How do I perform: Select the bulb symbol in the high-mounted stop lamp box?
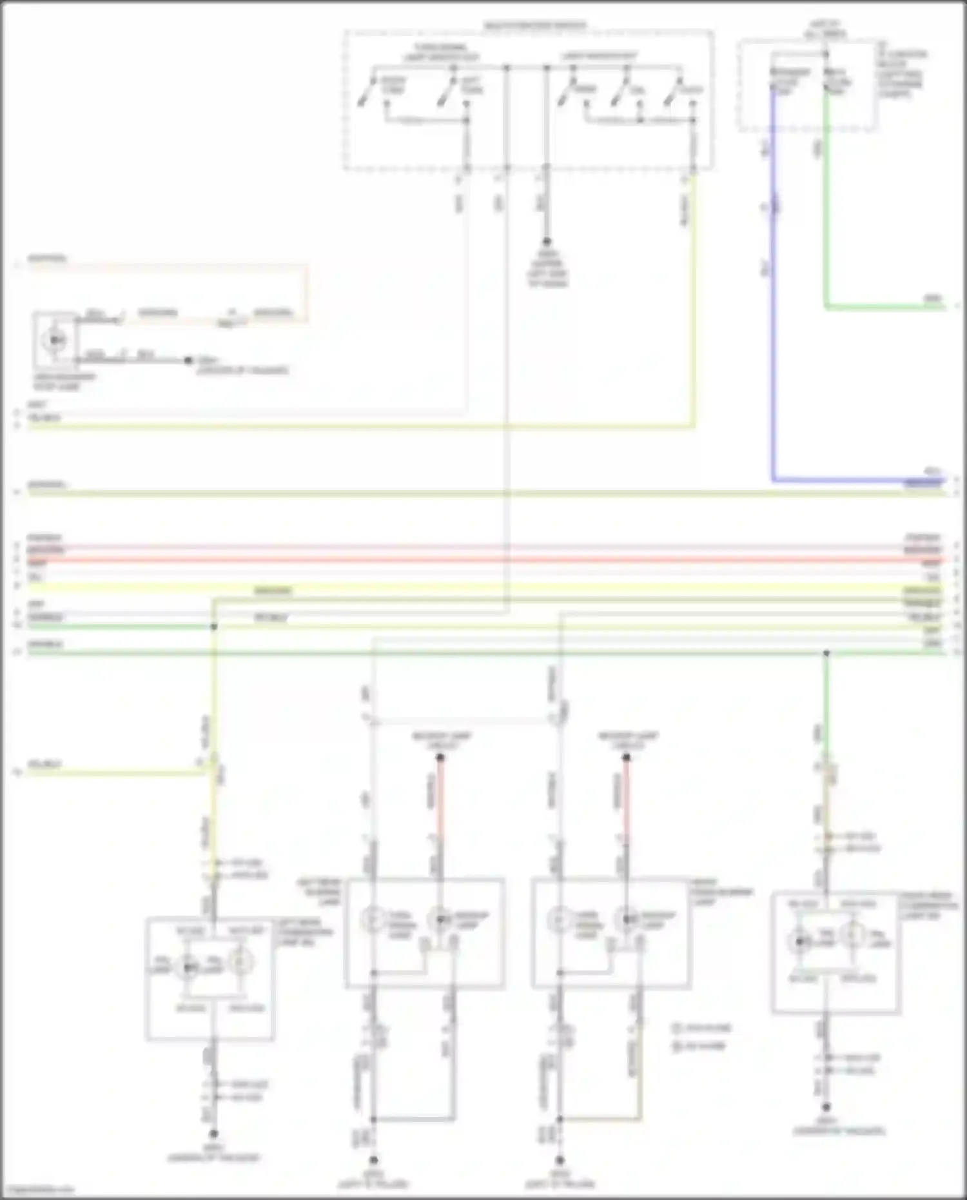point(55,339)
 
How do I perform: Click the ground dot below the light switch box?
point(547,242)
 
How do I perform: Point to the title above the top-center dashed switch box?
point(535,26)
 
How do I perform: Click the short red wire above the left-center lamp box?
point(440,800)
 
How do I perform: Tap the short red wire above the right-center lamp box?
point(626,800)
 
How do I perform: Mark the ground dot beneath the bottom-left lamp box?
point(213,1134)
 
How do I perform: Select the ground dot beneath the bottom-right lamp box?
point(826,1107)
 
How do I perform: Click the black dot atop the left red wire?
point(440,758)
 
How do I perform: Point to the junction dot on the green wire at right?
point(826,654)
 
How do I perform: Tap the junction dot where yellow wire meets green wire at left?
point(214,627)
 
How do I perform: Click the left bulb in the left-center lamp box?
point(372,920)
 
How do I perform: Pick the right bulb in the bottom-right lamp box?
point(852,936)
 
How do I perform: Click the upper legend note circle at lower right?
point(677,1028)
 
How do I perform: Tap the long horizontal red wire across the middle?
point(484,560)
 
